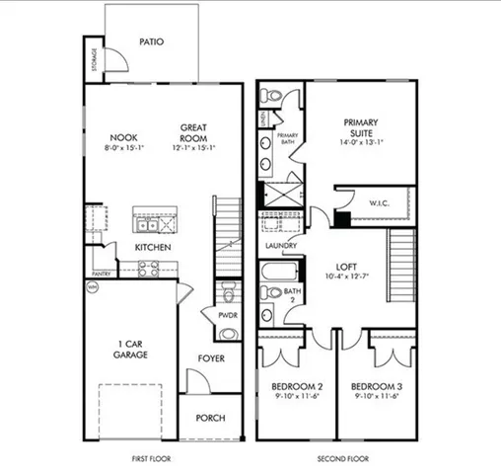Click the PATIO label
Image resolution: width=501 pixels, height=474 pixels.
(151, 42)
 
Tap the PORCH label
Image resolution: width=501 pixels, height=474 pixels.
(211, 418)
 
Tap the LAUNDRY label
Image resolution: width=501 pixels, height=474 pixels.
(281, 246)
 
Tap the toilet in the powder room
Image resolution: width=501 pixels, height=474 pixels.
(229, 292)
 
